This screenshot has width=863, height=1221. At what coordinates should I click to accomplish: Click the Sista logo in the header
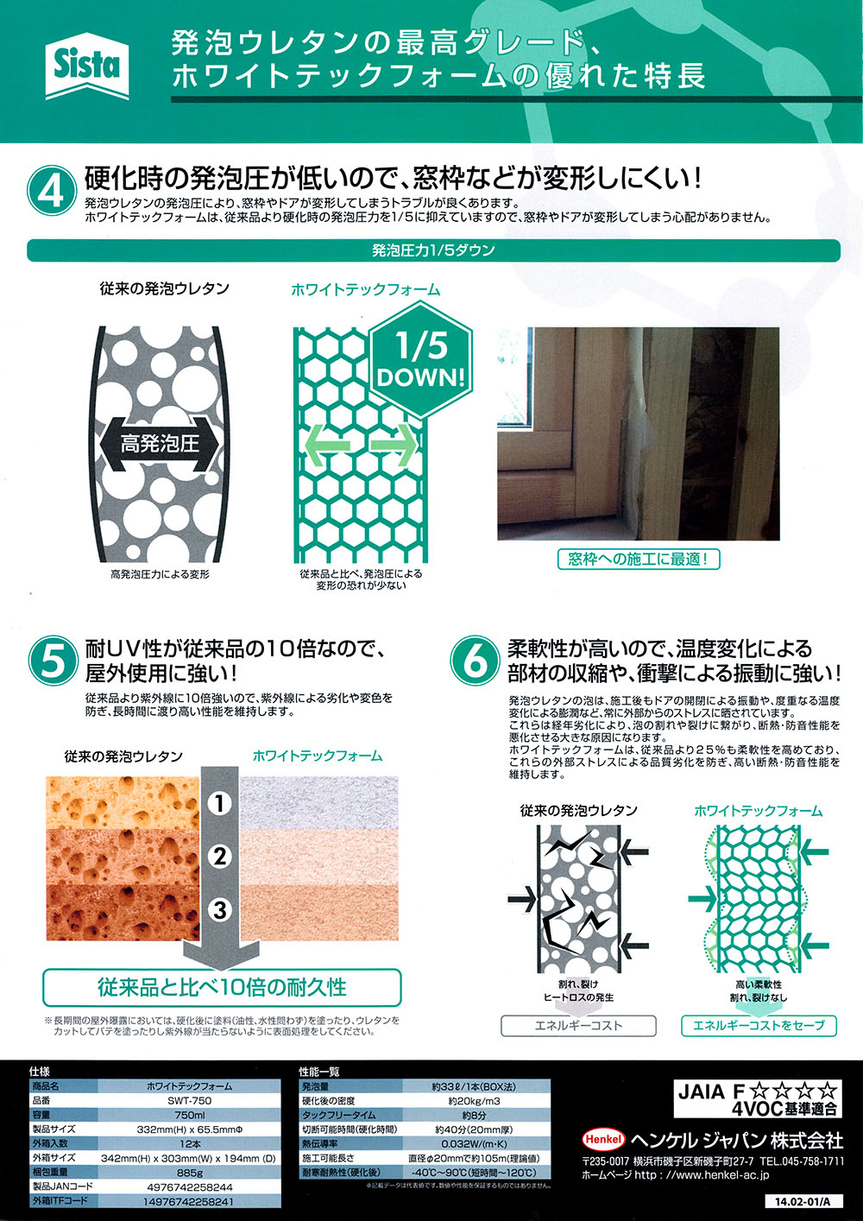(x=87, y=66)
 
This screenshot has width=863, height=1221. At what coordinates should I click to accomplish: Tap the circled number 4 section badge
(x=52, y=191)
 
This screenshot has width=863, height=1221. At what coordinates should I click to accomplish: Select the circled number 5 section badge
(x=54, y=660)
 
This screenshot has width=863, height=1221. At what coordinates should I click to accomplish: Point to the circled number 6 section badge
(x=476, y=660)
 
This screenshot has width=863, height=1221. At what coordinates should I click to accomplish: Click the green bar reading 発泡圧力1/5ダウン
(x=434, y=250)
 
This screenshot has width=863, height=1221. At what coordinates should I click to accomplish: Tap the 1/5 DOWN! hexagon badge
(x=420, y=360)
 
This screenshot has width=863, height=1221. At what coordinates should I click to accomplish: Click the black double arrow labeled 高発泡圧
(x=159, y=444)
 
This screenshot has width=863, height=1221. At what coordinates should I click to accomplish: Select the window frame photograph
(x=638, y=433)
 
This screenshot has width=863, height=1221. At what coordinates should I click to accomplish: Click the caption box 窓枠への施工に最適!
(x=639, y=560)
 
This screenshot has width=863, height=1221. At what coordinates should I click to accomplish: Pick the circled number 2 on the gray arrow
(x=219, y=857)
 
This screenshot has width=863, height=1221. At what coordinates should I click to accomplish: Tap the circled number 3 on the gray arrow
(x=219, y=909)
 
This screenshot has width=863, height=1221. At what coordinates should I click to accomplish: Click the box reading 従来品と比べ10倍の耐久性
(x=223, y=987)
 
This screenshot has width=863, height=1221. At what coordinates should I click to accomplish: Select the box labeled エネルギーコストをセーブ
(x=759, y=1025)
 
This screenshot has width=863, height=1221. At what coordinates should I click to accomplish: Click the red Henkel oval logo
(x=603, y=1139)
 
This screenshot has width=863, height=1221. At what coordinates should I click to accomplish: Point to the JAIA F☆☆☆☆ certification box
(x=758, y=1098)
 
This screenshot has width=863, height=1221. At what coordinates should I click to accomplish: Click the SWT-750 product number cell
(x=189, y=1100)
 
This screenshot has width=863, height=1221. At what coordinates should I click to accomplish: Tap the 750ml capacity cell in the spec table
(x=189, y=1115)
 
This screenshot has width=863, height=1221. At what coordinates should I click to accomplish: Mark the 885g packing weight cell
(x=189, y=1172)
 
